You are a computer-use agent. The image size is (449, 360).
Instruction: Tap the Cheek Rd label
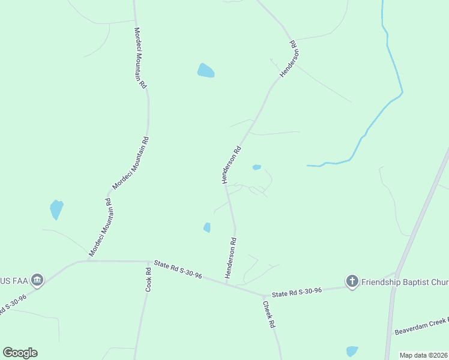click(268, 314)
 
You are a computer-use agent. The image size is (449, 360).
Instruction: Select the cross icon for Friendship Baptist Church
click(352, 281)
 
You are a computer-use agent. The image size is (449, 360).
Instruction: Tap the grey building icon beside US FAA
click(38, 280)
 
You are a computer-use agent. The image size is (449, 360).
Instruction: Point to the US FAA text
click(14, 280)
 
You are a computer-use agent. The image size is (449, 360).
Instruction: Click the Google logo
click(20, 352)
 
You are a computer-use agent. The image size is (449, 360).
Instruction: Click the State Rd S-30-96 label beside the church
click(297, 292)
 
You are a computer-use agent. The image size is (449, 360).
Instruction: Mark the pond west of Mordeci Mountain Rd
click(56, 209)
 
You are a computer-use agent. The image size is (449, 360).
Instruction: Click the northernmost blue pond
click(205, 71)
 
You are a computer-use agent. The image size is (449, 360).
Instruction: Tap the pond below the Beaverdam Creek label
click(352, 351)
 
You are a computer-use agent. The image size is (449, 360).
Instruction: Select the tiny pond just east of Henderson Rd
click(257, 167)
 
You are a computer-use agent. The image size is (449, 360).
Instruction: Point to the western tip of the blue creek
click(308, 165)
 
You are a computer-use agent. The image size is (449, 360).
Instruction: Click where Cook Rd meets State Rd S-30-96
click(149, 262)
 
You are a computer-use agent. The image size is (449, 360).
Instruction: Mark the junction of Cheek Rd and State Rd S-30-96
click(264, 296)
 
